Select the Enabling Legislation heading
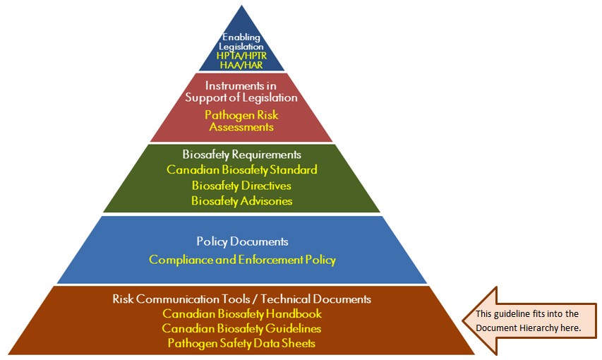pyautogui.click(x=241, y=42)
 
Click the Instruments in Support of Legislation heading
pyautogui.click(x=241, y=92)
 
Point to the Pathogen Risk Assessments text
pyautogui.click(x=241, y=121)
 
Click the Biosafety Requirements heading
pyautogui.click(x=241, y=155)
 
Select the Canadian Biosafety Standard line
pyautogui.click(x=241, y=170)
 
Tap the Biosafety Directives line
pyautogui.click(x=241, y=186)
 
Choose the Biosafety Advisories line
pyautogui.click(x=241, y=201)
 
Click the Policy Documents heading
pyautogui.click(x=241, y=241)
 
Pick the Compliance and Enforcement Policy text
pyautogui.click(x=242, y=260)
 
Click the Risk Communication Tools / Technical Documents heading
pyautogui.click(x=241, y=299)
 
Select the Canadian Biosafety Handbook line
pyautogui.click(x=241, y=314)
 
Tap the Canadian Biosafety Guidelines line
pyautogui.click(x=241, y=329)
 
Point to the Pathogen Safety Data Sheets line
pyautogui.click(x=241, y=344)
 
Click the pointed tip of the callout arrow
pyautogui.click(x=463, y=320)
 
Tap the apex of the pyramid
pyautogui.click(x=241, y=6)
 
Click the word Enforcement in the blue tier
pyautogui.click(x=263, y=260)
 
